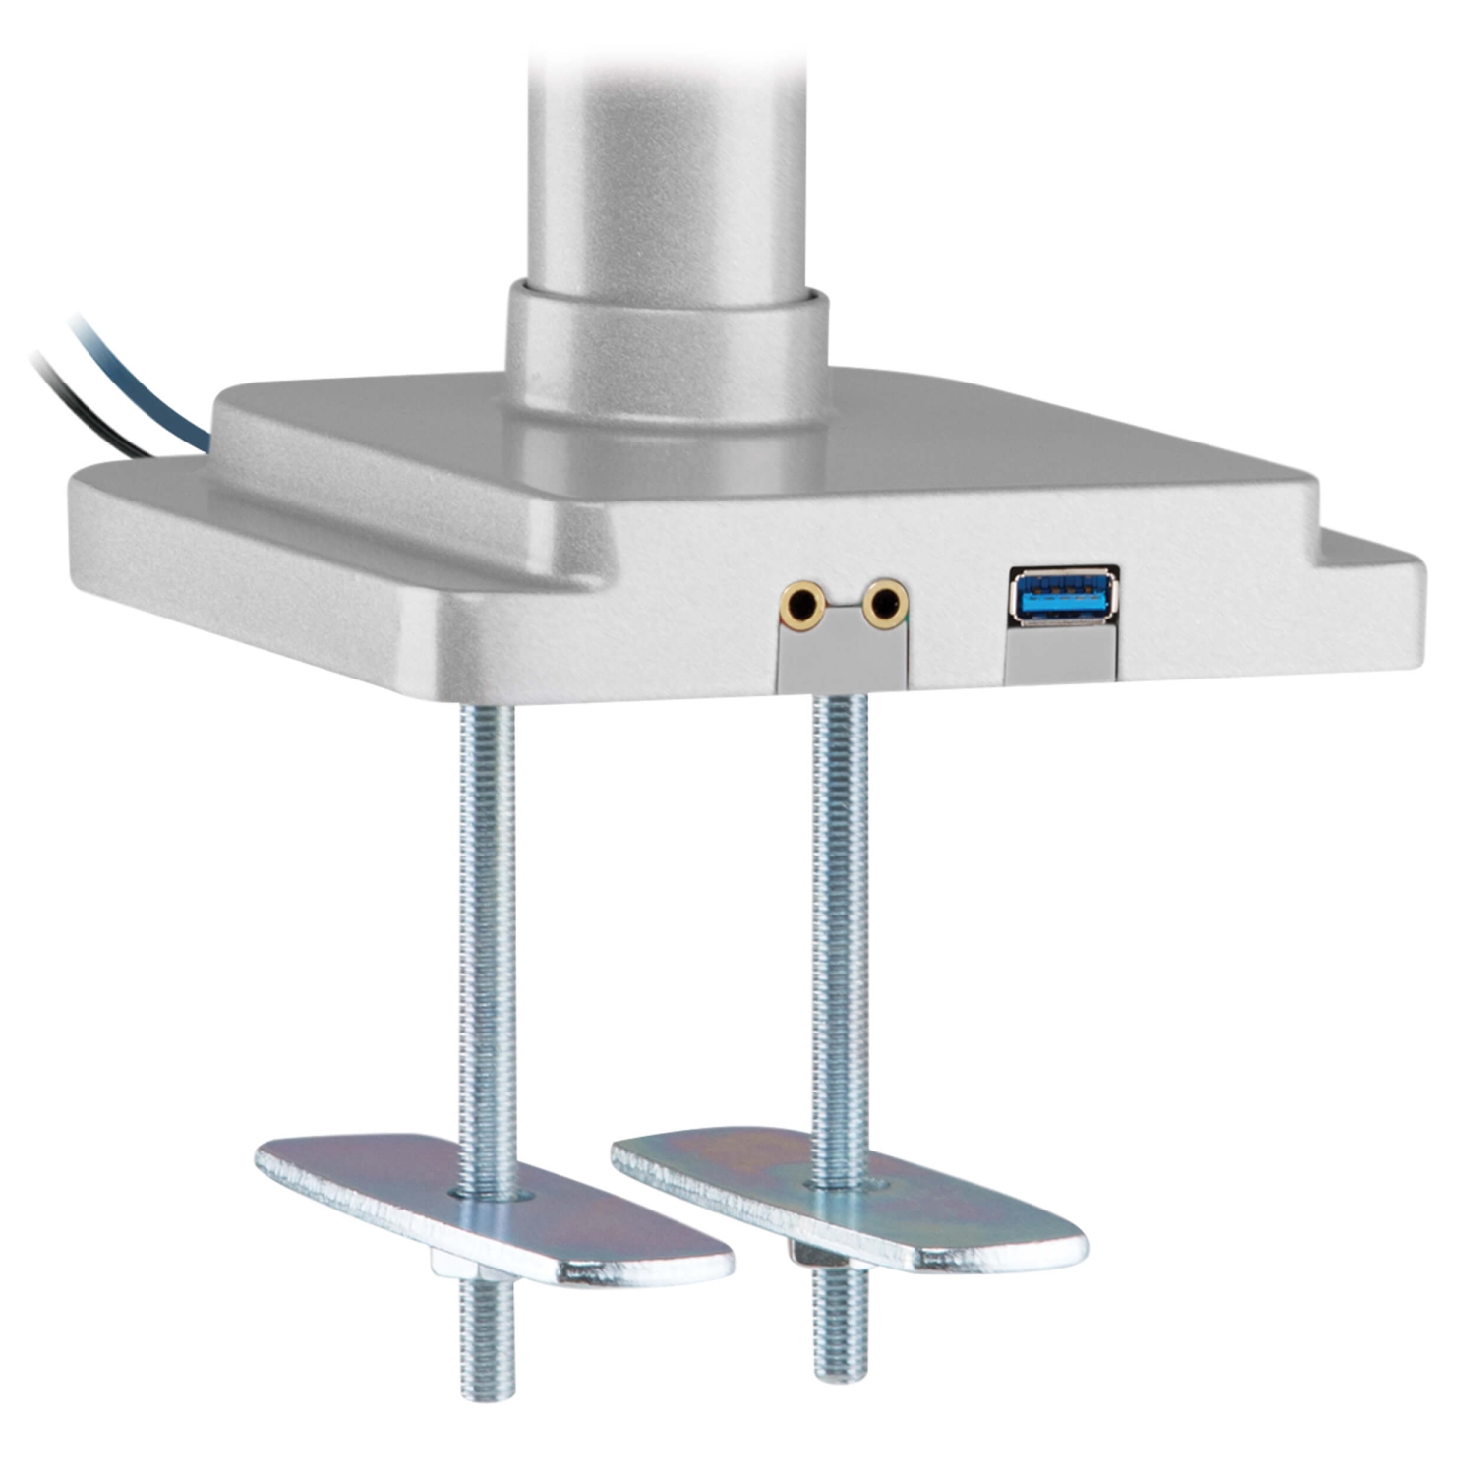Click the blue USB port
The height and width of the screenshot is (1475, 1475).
(x=1063, y=596)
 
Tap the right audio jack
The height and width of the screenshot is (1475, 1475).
(x=885, y=602)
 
